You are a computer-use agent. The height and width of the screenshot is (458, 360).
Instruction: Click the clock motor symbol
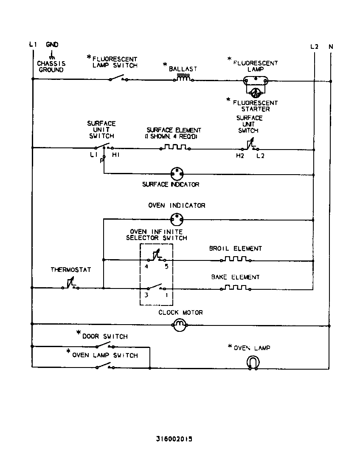point(180,325)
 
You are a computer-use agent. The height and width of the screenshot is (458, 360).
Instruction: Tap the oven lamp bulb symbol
point(253,364)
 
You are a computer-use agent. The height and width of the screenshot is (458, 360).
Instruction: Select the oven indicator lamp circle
point(176,219)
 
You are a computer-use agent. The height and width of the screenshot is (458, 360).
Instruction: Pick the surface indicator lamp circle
point(176,173)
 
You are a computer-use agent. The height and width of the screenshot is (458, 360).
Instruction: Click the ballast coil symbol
point(183,79)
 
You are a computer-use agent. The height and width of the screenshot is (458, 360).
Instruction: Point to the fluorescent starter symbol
point(256,93)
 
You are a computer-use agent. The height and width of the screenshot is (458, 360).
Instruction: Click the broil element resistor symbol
point(235,259)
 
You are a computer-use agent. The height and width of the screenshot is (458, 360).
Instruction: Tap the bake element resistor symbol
point(235,288)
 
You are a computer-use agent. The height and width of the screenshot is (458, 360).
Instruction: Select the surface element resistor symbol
point(174,148)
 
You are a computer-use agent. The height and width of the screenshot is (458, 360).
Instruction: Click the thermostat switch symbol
point(70,285)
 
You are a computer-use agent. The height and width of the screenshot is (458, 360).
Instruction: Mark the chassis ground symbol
point(52,56)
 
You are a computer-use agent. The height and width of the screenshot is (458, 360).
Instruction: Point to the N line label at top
point(331,46)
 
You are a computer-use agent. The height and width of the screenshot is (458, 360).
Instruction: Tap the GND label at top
point(52,45)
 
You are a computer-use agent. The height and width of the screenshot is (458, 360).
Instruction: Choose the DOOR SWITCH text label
point(105,336)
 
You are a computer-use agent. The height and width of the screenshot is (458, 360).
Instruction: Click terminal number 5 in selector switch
point(166,267)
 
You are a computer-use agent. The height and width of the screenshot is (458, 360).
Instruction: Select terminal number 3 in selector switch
point(146,295)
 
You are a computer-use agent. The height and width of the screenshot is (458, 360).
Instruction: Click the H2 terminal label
point(240,156)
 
